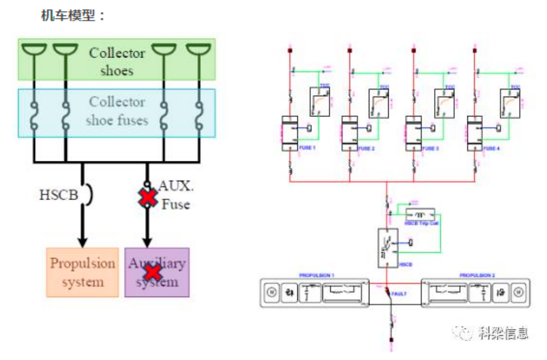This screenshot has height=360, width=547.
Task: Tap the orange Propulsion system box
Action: pos(83,272)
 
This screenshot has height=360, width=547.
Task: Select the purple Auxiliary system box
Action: pos(157,272)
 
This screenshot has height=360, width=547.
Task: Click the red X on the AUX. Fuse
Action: pos(148,197)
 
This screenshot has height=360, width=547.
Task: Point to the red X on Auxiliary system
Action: pos(153,272)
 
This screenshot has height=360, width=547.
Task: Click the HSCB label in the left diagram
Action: pos(59,195)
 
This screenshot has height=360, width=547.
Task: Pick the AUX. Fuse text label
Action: pos(175,195)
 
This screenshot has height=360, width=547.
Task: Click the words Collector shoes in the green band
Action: pos(117,61)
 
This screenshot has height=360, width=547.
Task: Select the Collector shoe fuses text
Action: pos(117,111)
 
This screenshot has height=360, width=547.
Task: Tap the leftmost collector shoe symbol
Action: pos(34,50)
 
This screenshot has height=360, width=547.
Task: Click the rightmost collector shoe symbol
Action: pos(198,50)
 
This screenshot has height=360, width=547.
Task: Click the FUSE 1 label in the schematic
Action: pos(307,147)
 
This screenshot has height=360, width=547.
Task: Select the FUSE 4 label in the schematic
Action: pos(492,148)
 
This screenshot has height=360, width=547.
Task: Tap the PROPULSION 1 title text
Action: pos(317,275)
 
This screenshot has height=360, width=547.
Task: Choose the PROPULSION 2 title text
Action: pos(477,275)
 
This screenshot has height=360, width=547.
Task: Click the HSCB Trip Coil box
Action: pos(420,214)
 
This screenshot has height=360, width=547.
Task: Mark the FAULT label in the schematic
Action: pos(399,294)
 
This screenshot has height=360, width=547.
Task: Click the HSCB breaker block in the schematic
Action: pos(388,248)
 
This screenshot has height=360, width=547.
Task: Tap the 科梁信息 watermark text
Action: pos(503,333)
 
